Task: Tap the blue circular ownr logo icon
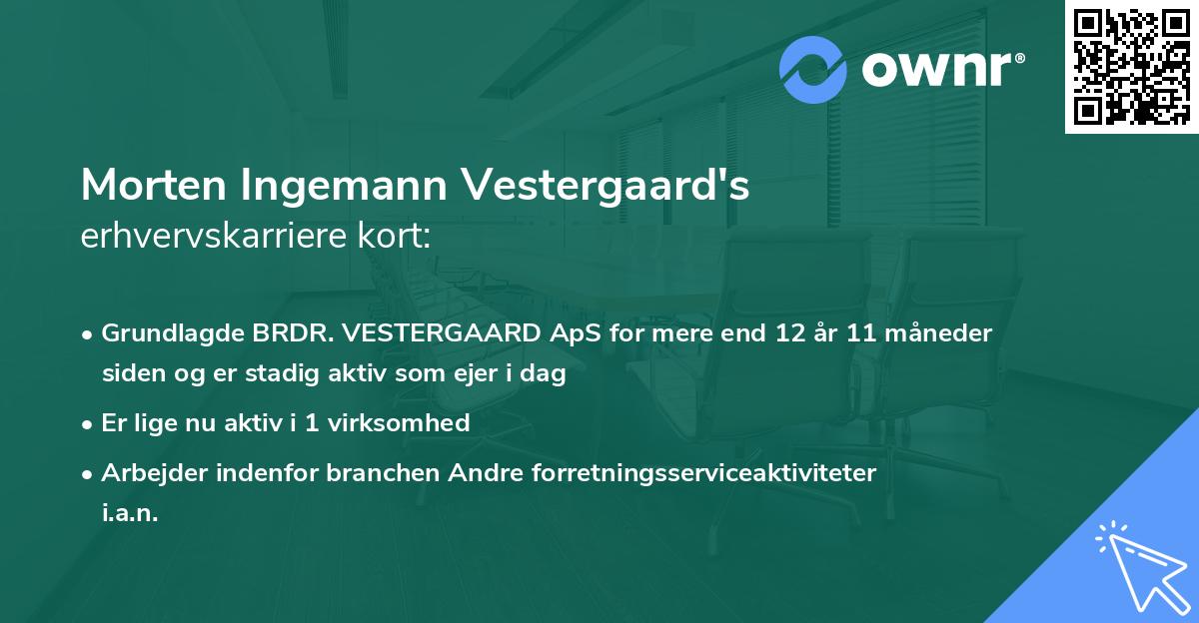click(x=814, y=70)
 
